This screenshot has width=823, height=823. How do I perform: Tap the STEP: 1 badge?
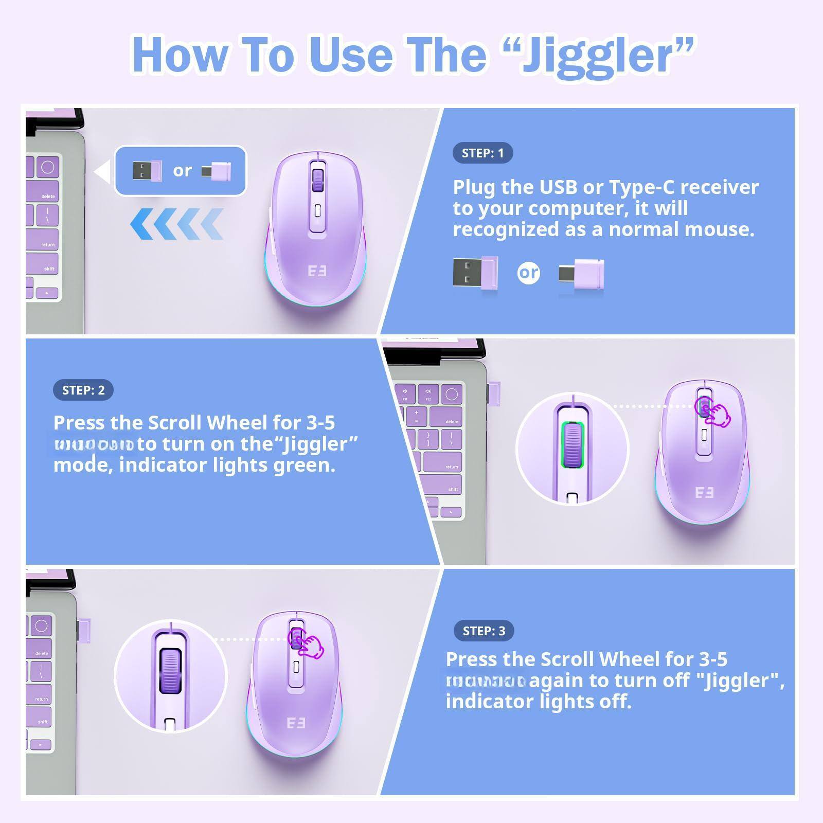(482, 153)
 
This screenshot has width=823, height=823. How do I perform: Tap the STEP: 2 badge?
(83, 390)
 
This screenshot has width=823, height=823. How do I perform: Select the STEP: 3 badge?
(484, 631)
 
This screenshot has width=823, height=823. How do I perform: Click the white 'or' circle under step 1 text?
(528, 273)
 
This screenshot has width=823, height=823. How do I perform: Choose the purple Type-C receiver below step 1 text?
(582, 274)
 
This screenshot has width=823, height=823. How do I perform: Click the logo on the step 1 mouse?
(317, 271)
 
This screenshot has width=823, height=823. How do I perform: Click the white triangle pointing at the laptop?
(103, 171)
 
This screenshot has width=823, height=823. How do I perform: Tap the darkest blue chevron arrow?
(141, 224)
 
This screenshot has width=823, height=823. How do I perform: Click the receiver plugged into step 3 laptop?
(84, 631)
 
